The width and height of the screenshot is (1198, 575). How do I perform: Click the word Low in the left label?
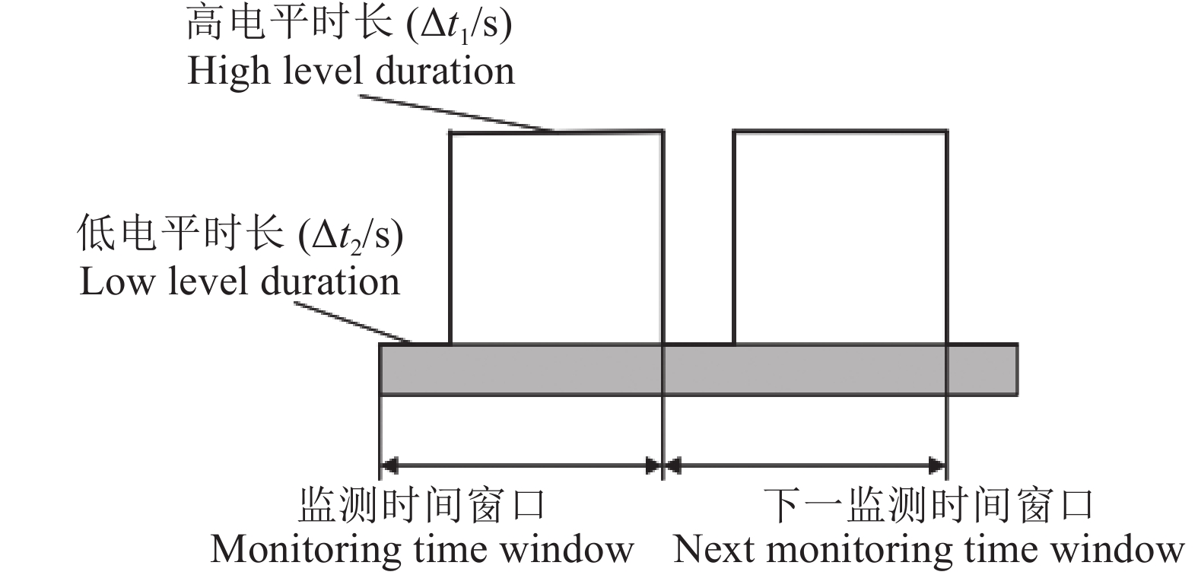pos(113,282)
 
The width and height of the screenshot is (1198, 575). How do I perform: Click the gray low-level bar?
pos(698,370)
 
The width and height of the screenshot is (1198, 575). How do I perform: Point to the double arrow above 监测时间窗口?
pos(521,465)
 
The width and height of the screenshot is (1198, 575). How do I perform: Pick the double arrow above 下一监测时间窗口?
pos(806,465)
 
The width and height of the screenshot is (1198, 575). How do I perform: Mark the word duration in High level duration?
pos(445,71)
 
